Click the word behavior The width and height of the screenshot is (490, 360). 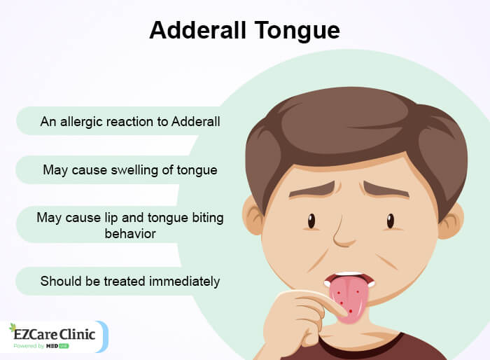click(x=129, y=233)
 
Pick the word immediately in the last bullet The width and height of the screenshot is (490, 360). click(x=184, y=282)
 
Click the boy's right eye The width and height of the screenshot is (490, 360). click(x=390, y=221)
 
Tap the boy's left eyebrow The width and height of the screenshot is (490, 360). click(x=312, y=189)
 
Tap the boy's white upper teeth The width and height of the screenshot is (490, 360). click(x=351, y=276)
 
